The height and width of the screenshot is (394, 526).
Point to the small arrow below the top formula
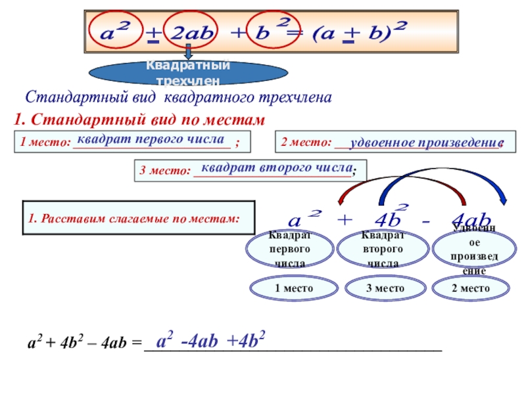point(188,51)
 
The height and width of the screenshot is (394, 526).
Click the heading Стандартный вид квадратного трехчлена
point(178,97)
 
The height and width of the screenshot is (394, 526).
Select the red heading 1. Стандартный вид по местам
point(139,120)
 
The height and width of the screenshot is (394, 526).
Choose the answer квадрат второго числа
point(277,167)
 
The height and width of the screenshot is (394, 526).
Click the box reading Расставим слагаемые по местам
point(138,217)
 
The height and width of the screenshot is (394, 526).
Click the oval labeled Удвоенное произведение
point(469,250)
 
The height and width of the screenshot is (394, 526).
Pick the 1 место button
point(285,288)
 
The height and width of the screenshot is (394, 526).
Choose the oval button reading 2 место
point(471,288)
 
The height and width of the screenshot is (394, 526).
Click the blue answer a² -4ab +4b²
point(210,341)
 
